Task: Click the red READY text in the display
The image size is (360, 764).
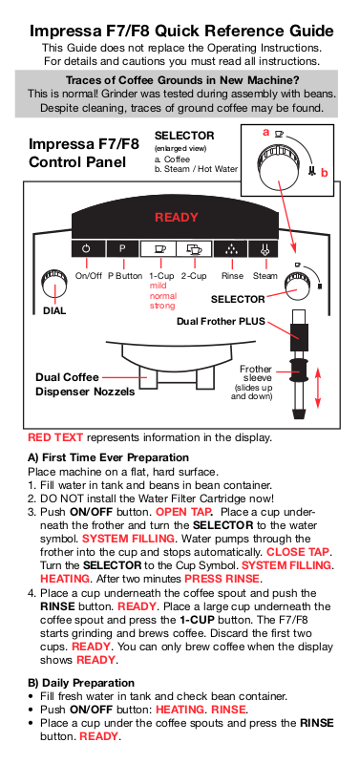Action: pos(177,218)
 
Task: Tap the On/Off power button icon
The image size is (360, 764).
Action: pos(86,249)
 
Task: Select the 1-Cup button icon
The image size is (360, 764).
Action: pos(159,249)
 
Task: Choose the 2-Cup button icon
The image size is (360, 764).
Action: pos(194,249)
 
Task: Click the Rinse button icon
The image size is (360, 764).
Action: pos(231,249)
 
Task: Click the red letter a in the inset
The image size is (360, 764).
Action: pos(266,132)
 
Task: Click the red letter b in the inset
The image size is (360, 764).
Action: pos(325,173)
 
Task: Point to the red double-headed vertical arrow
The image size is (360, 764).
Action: pos(318,388)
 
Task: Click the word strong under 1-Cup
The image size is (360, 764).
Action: pos(161,306)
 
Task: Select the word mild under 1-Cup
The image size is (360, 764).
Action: pos(158,286)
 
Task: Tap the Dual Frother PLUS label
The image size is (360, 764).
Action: pos(221,322)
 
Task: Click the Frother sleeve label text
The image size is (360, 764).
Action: pos(256,373)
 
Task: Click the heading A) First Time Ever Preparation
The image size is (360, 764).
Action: pos(108,458)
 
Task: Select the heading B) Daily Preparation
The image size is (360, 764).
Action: pos(81,683)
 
